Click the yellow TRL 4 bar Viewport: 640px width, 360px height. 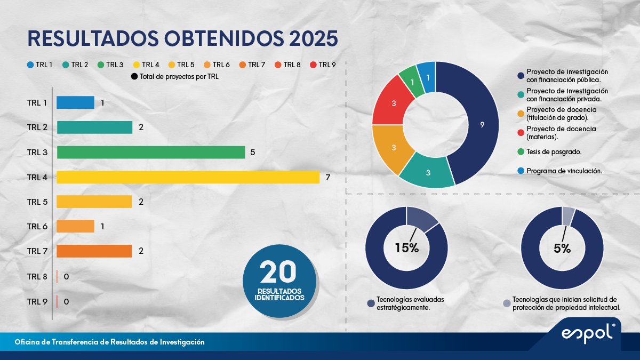(x=188, y=177)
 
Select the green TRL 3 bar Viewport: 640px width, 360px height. (x=150, y=153)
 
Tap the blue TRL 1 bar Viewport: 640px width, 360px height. (x=75, y=102)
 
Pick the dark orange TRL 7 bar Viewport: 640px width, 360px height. (x=94, y=251)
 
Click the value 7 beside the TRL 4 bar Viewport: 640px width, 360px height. (x=328, y=177)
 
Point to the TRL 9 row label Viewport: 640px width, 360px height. (x=37, y=301)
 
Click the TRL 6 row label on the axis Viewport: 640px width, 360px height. (x=37, y=227)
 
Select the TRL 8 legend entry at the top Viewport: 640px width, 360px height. (x=287, y=65)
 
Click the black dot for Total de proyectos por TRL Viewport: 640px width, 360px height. (x=133, y=77)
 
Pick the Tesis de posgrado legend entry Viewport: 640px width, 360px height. (x=553, y=152)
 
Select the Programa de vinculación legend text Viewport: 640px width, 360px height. (x=564, y=171)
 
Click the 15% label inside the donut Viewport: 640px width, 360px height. (x=406, y=248)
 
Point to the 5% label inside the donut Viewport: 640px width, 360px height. (x=562, y=248)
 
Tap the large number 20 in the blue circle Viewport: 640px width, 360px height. (x=278, y=272)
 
